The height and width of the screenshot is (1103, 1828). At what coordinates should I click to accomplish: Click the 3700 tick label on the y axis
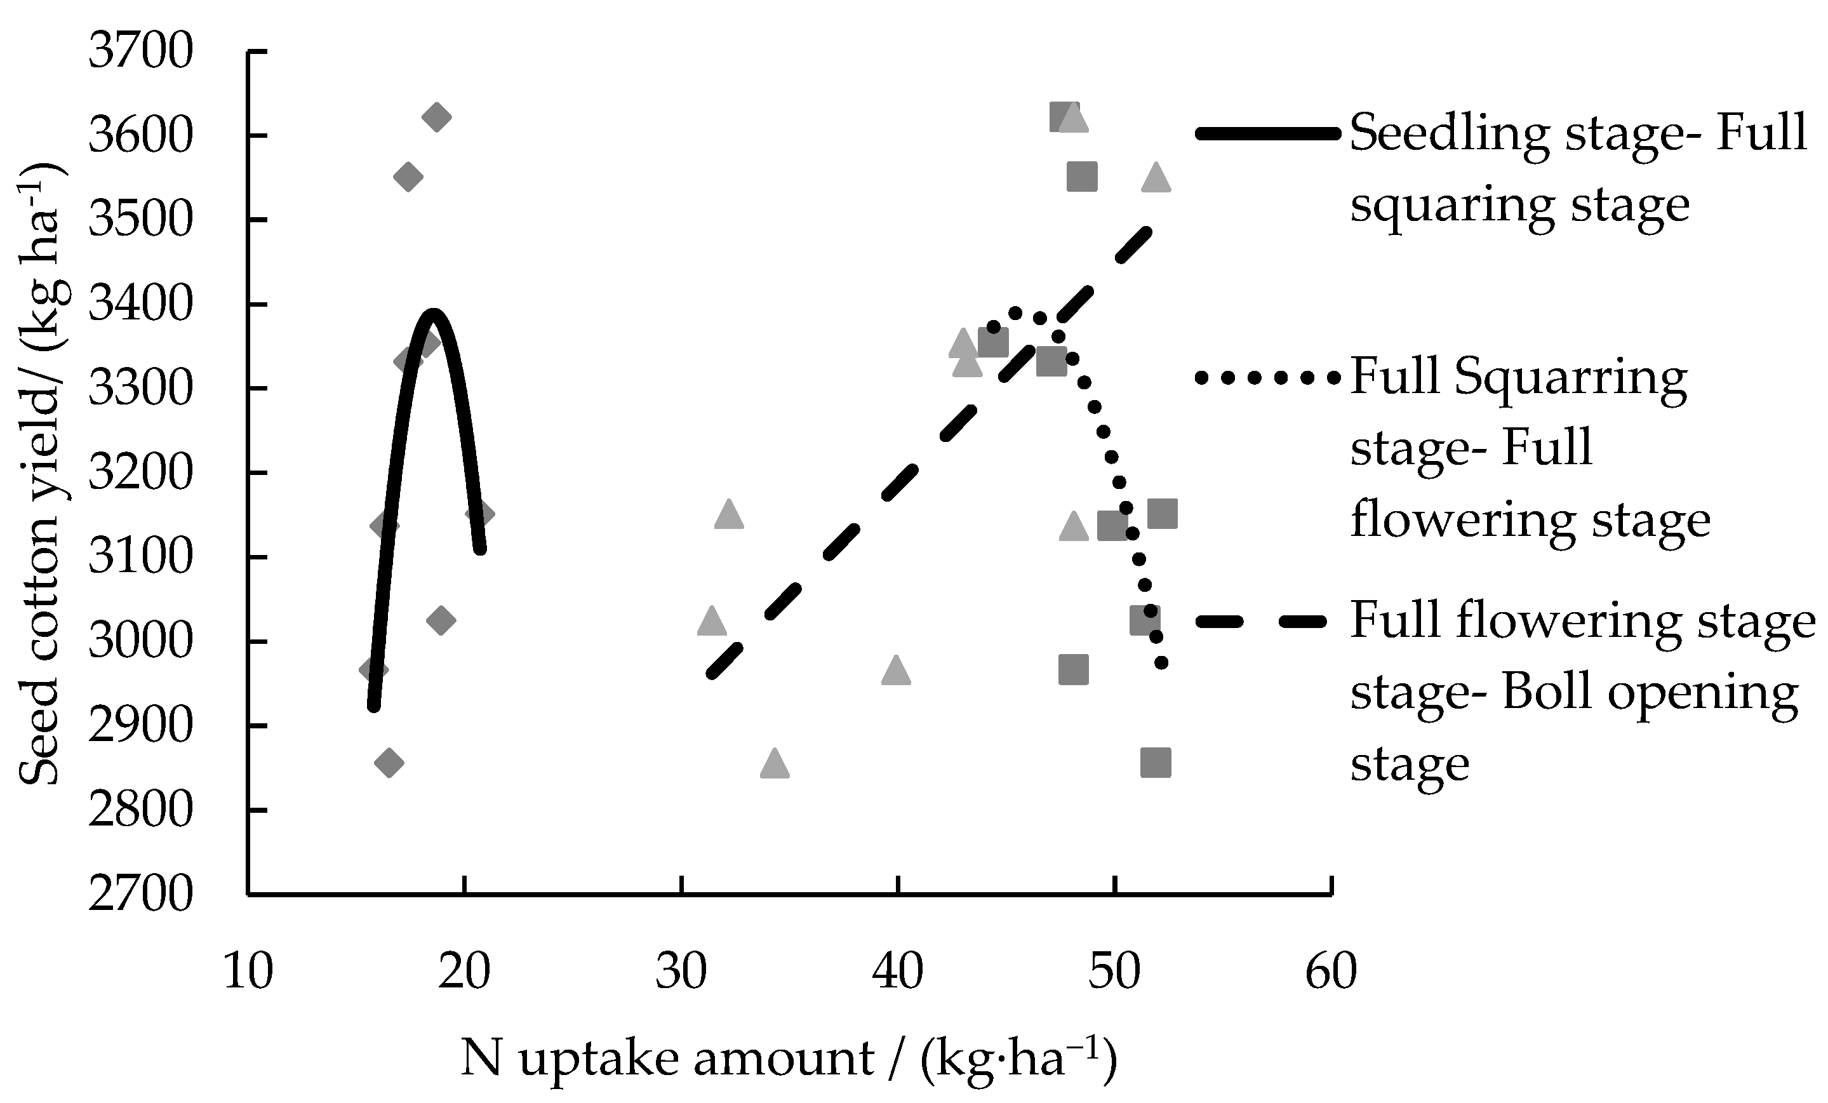pos(140,53)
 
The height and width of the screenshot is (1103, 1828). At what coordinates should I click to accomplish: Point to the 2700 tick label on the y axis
pos(140,895)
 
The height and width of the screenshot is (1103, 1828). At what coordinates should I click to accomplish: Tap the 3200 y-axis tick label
pos(140,473)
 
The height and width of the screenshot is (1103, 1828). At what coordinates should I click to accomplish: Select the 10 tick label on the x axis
pos(248,972)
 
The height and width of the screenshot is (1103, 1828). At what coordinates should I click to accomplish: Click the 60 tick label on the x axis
pos(1331,972)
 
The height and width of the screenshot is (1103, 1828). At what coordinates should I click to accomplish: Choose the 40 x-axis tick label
pos(898,972)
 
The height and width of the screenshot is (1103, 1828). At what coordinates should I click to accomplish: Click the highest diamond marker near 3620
pos(436,117)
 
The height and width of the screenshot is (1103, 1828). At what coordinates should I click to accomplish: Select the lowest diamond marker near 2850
pos(389,763)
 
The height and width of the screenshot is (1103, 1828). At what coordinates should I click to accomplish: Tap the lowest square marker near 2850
pos(1155,763)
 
